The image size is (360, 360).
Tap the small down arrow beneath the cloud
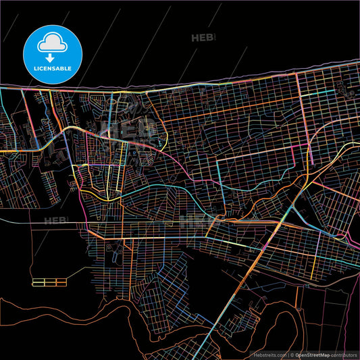pyautogui.click(x=51, y=49)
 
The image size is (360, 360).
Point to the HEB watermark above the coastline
pyautogui.click(x=203, y=38)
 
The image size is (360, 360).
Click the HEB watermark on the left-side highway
pyautogui.click(x=57, y=220)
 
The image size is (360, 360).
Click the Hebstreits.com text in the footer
pyautogui.click(x=269, y=354)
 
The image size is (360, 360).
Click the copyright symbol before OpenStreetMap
pyautogui.click(x=292, y=354)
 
